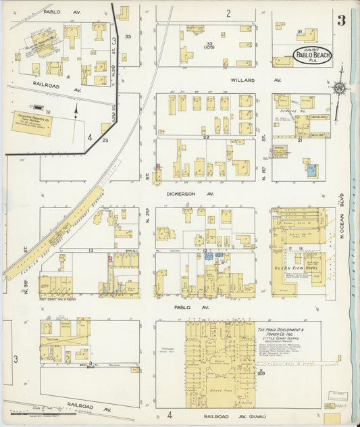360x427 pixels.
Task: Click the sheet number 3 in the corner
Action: tap(341, 20)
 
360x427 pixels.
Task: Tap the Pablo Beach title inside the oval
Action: tap(311, 56)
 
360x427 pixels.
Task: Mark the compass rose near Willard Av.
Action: tap(338, 87)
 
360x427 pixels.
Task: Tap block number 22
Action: tap(207, 136)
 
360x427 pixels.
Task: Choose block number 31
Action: tap(299, 31)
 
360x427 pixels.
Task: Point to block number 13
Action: tap(90, 250)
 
